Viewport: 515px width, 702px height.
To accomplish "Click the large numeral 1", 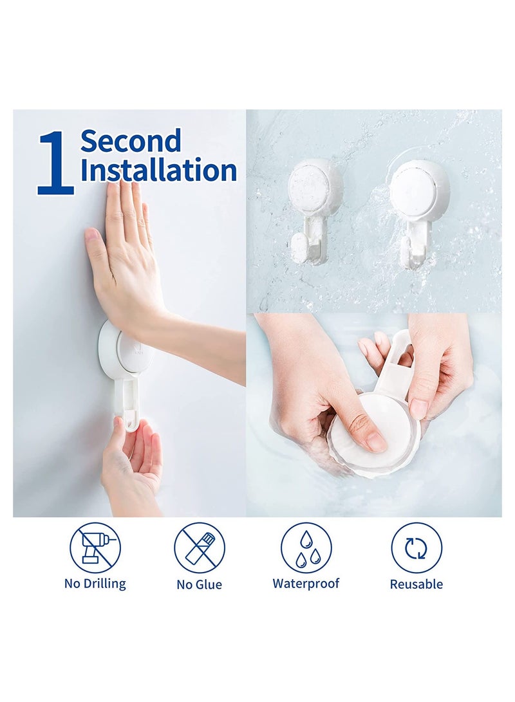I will tap(56, 162).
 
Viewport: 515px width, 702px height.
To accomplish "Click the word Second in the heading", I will tap(131, 141).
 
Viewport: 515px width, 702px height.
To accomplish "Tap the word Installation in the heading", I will tap(158, 171).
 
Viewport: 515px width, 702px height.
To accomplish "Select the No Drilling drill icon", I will tap(95, 547).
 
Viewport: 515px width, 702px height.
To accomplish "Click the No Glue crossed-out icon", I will tap(200, 548).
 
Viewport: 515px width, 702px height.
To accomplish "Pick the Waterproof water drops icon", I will tap(306, 548).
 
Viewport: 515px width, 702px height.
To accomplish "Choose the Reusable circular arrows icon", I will tap(417, 548).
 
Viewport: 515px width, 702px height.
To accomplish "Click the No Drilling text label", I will tap(95, 584).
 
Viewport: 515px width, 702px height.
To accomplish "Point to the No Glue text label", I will tap(200, 584).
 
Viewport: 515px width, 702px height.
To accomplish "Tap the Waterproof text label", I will tap(306, 584).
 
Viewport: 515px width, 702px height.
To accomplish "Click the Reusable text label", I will tap(417, 584).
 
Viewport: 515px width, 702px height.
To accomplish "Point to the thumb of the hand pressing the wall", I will tap(95, 248).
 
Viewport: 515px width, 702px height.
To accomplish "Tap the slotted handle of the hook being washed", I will tap(399, 360).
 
